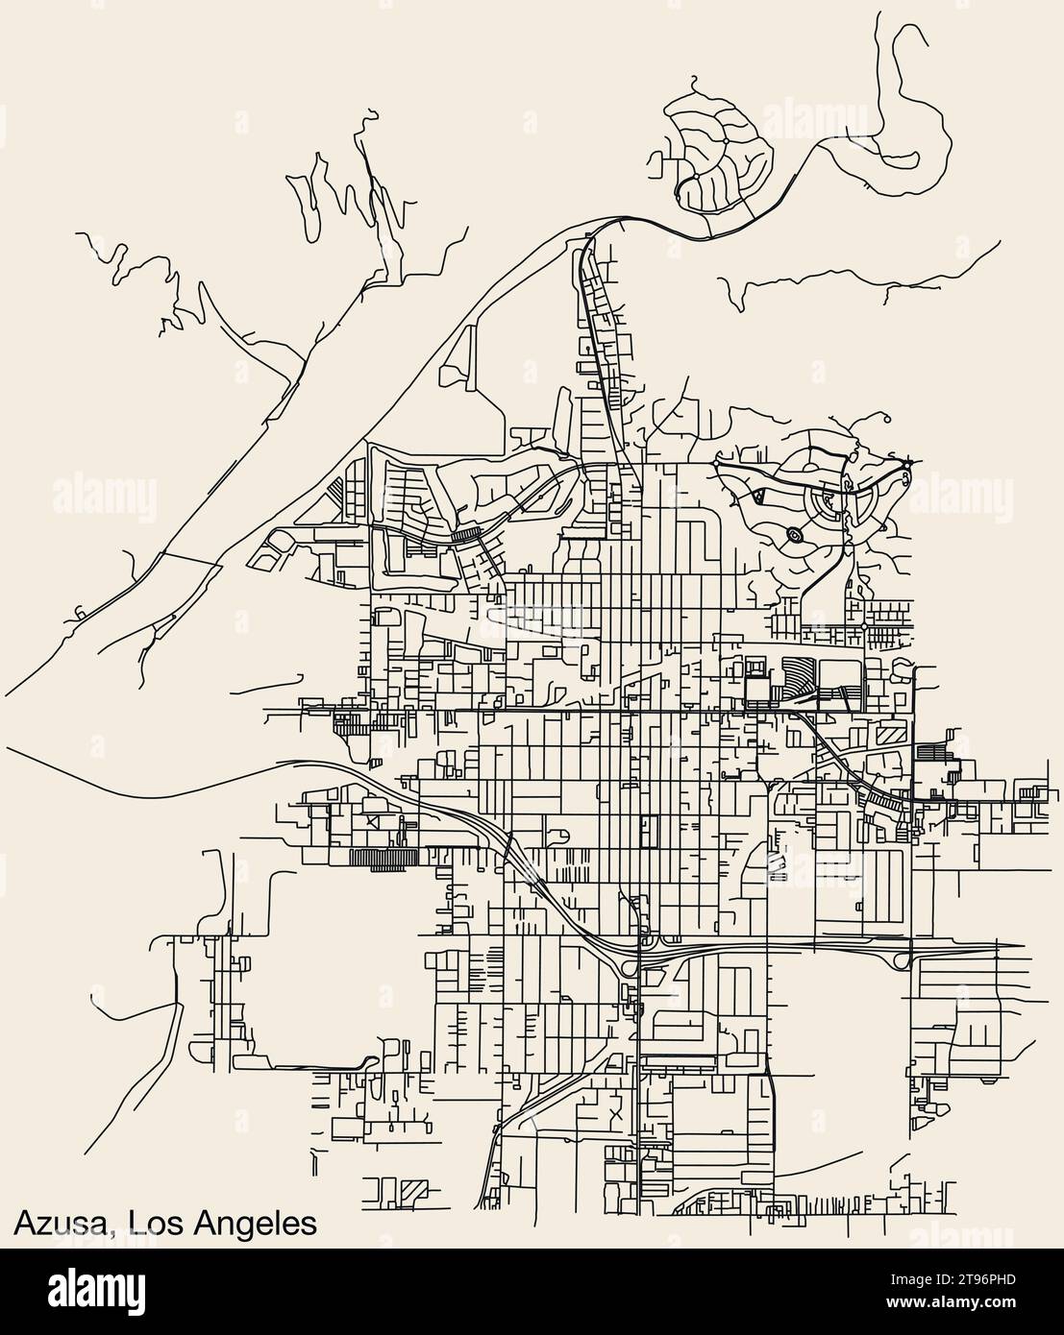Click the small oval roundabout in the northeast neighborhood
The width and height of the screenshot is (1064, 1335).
pos(795,534)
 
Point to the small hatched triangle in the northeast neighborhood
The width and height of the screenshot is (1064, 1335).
pos(757,497)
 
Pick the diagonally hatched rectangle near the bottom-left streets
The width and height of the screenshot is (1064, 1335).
pos(413,1188)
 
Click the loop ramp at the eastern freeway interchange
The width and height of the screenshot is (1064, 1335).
pos(902,961)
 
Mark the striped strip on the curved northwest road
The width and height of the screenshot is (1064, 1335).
pos(468,534)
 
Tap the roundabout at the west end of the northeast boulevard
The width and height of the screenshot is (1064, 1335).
pos(716,464)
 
